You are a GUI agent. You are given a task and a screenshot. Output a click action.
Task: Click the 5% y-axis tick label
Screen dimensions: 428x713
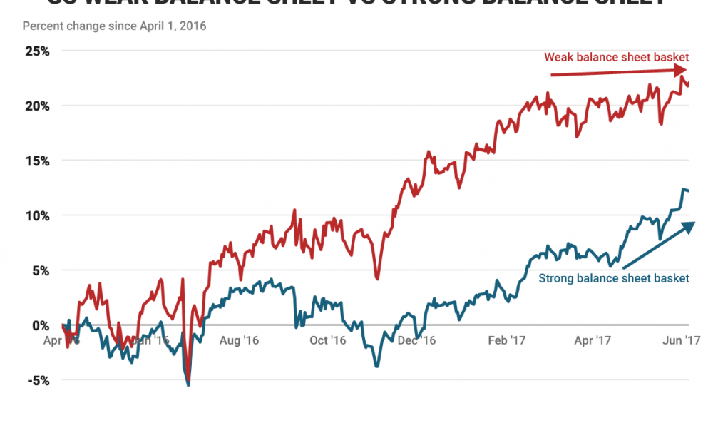[x=40, y=270]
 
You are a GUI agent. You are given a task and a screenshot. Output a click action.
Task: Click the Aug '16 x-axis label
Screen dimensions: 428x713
[x=240, y=341]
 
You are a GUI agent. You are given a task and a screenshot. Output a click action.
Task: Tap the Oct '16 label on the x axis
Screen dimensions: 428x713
[x=328, y=341]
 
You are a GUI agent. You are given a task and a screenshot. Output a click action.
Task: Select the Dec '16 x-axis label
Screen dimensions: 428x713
[x=417, y=341]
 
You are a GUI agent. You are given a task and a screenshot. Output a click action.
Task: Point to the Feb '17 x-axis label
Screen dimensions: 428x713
[x=506, y=341]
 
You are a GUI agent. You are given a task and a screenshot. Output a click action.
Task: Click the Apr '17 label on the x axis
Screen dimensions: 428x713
[x=594, y=341]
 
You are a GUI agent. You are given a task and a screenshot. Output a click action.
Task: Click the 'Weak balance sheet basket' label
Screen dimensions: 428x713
[x=617, y=57]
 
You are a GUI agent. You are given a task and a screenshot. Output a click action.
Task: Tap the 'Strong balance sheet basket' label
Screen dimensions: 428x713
[x=614, y=278]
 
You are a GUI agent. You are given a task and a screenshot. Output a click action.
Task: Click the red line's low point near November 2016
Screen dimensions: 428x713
[x=377, y=278]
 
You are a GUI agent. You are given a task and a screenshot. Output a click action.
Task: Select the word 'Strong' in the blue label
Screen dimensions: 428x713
[x=555, y=278]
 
